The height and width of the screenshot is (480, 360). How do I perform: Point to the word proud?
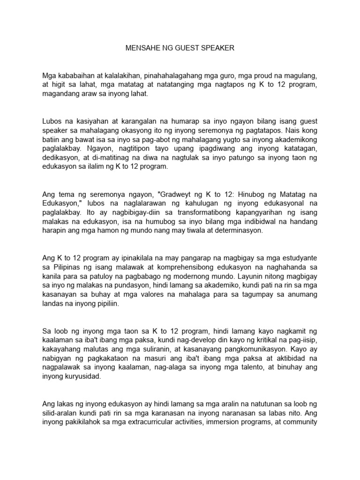coord(266,75)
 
